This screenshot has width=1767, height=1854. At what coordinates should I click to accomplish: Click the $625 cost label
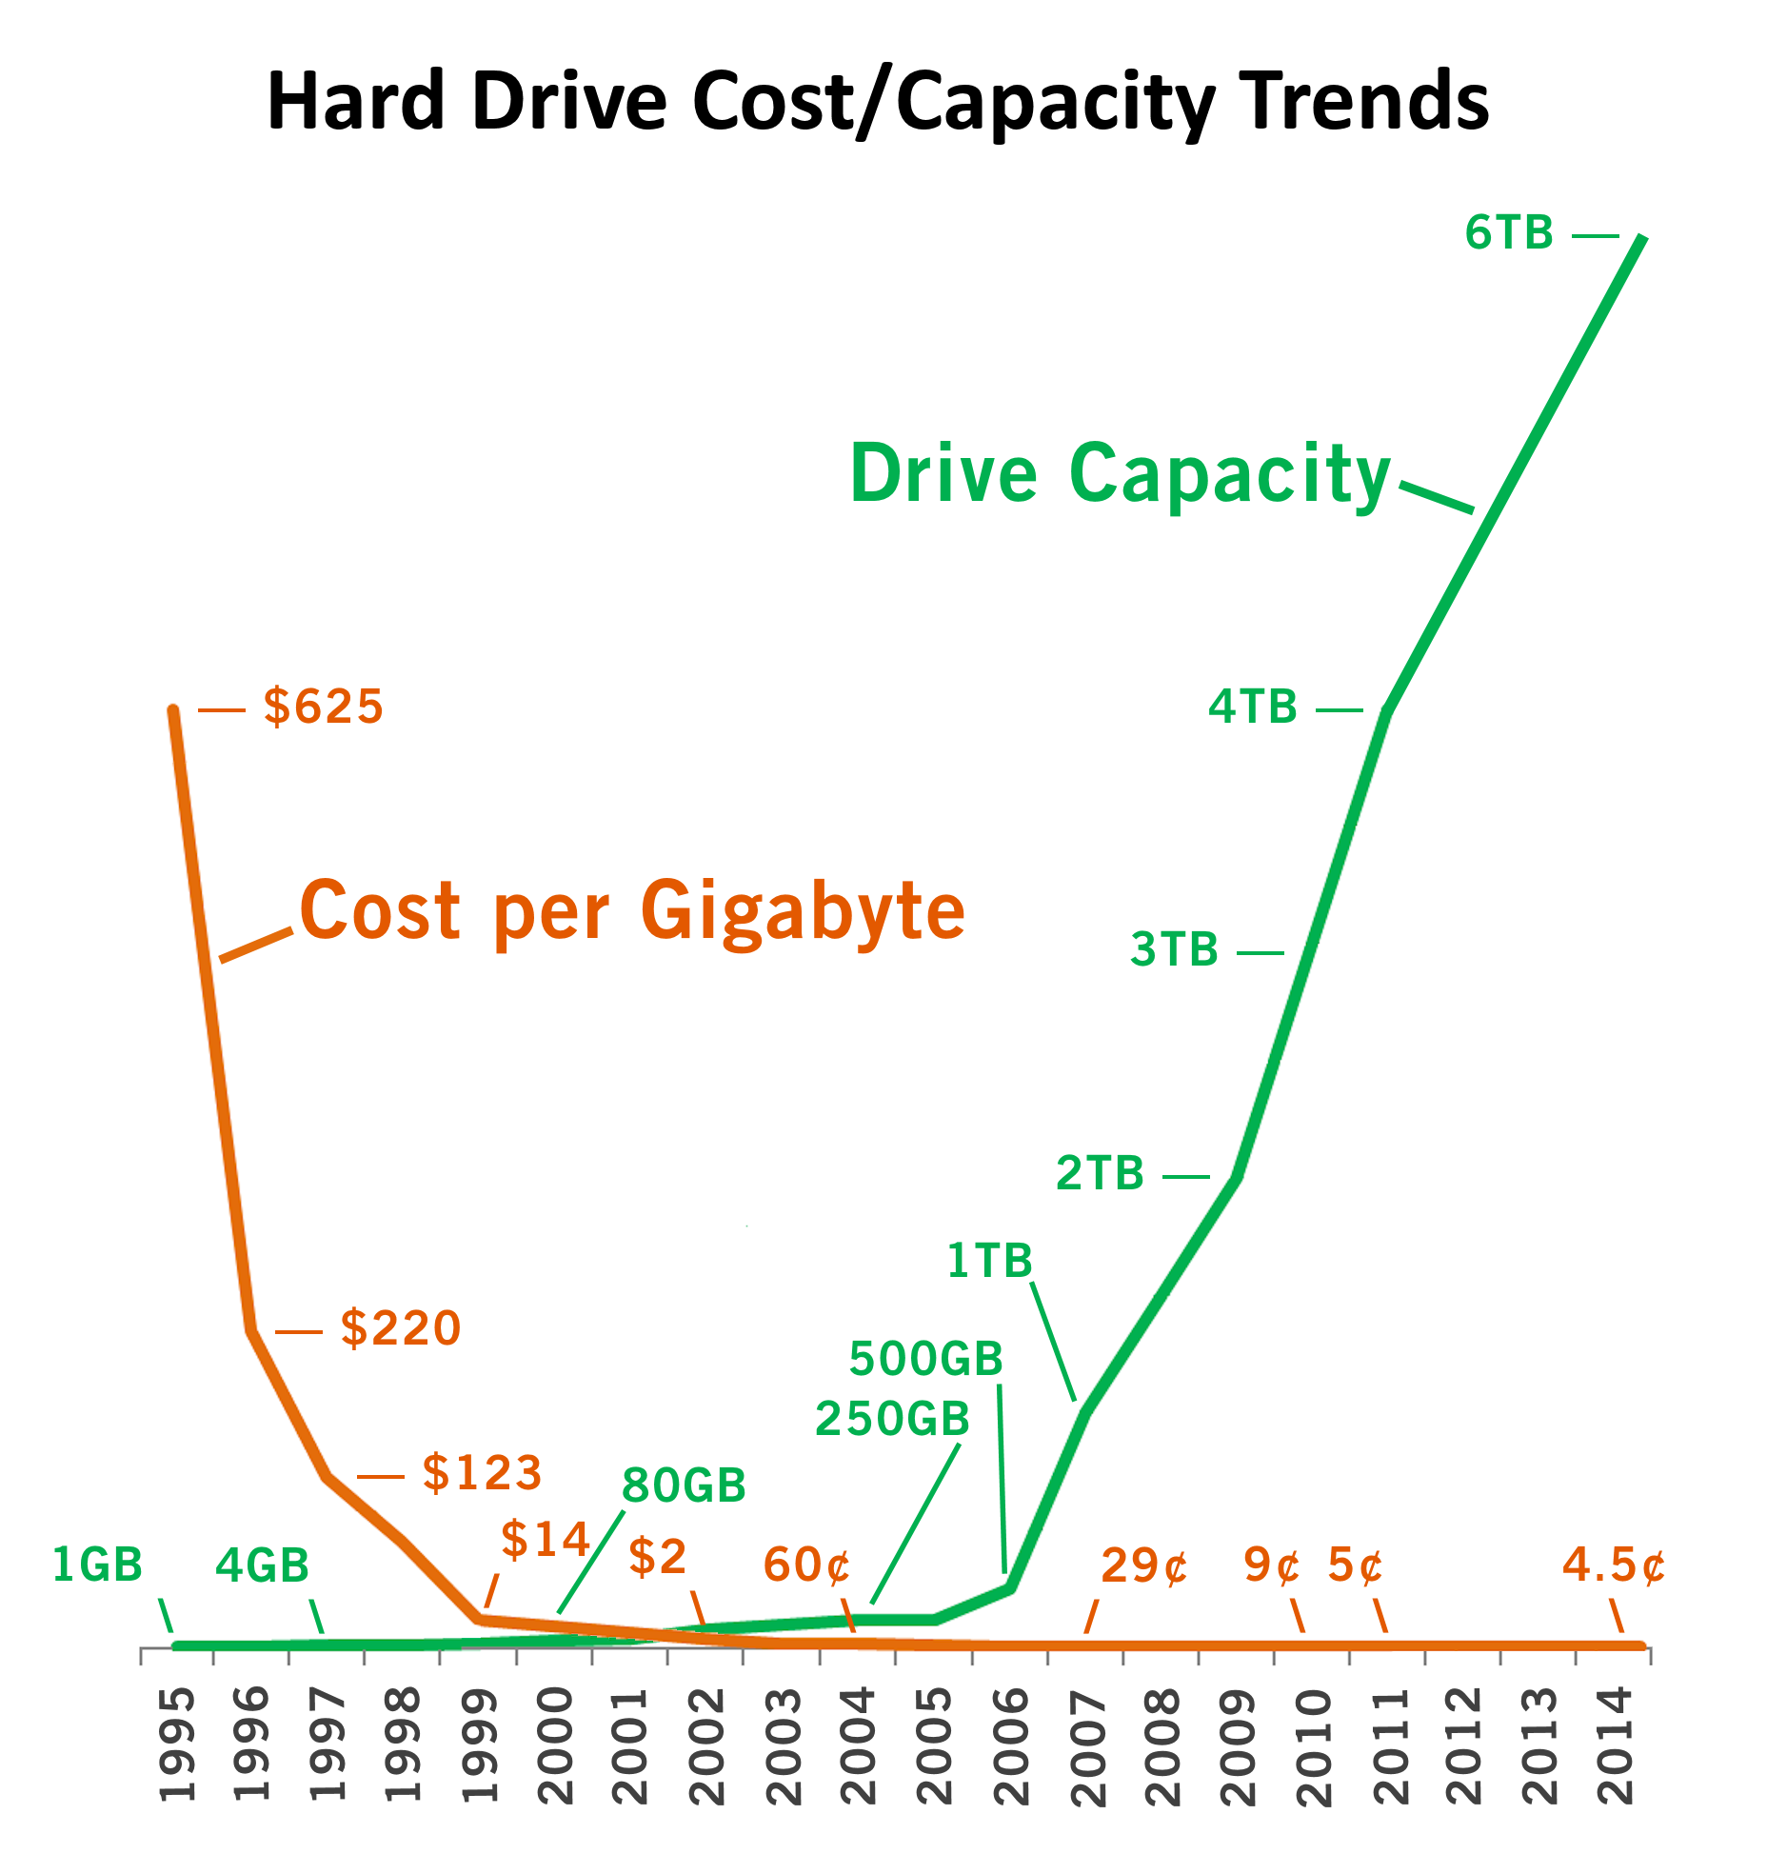coord(323,707)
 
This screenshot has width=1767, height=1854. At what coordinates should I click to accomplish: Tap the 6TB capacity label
coord(1509,233)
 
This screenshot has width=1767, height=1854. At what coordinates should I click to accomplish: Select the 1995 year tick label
coord(177,1744)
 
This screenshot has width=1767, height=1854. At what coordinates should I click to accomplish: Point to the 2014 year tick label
coord(1617,1744)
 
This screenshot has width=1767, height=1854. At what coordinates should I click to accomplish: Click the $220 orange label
coord(401,1327)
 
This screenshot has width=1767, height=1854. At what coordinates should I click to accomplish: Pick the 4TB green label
coord(1253,707)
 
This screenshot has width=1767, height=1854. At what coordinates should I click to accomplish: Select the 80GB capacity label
coord(684,1485)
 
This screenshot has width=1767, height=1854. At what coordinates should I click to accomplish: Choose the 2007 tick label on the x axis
coord(1088,1744)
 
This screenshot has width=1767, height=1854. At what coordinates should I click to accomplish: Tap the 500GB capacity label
coord(925,1359)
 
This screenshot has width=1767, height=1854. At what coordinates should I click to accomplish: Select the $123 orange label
coord(482,1472)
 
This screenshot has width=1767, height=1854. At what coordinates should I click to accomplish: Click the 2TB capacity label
coord(1100,1173)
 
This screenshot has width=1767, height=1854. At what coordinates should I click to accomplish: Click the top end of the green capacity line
coord(1641,238)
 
